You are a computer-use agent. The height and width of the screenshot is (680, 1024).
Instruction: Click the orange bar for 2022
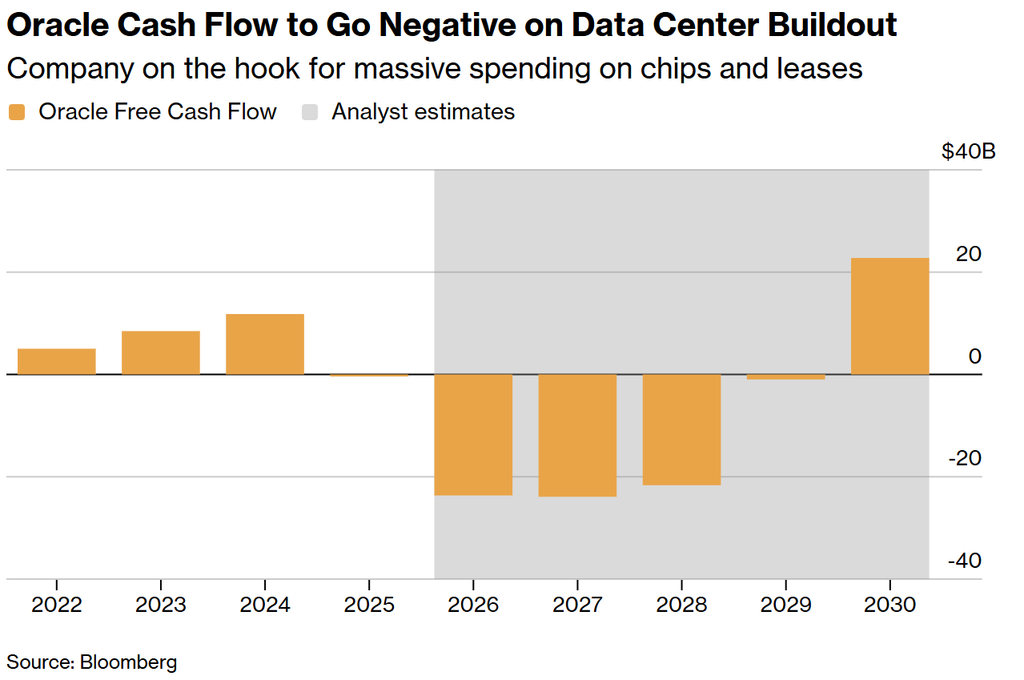click(x=57, y=361)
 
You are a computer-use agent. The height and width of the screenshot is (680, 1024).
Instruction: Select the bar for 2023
click(x=161, y=352)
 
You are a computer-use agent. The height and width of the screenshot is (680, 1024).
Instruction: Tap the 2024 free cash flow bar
click(x=265, y=344)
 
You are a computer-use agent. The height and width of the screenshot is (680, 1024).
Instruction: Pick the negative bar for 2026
click(x=473, y=435)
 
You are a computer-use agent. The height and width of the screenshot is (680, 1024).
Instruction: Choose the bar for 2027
click(x=577, y=436)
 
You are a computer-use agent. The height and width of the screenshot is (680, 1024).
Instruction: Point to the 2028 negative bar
click(x=681, y=430)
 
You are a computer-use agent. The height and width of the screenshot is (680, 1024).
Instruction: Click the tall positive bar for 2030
click(x=889, y=316)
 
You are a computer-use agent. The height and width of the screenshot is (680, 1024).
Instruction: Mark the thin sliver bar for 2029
click(x=785, y=376)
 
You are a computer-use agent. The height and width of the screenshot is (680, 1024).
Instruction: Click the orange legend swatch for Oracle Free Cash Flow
click(x=17, y=112)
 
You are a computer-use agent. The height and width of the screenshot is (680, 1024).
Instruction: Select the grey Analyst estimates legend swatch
click(x=310, y=112)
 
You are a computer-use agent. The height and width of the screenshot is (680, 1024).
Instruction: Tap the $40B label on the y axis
click(x=969, y=151)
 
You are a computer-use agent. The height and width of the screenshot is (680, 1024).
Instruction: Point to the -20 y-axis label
click(x=964, y=458)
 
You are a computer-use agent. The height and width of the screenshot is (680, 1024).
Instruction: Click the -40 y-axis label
click(x=964, y=561)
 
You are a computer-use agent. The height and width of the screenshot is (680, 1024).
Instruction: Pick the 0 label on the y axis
click(x=974, y=356)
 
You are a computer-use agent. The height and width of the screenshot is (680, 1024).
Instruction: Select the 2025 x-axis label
click(x=369, y=604)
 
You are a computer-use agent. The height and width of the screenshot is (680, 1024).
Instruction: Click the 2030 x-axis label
click(x=889, y=604)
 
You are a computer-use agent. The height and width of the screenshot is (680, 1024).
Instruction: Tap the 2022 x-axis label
click(x=57, y=604)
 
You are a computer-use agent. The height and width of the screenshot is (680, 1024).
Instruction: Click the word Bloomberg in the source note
click(x=128, y=662)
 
